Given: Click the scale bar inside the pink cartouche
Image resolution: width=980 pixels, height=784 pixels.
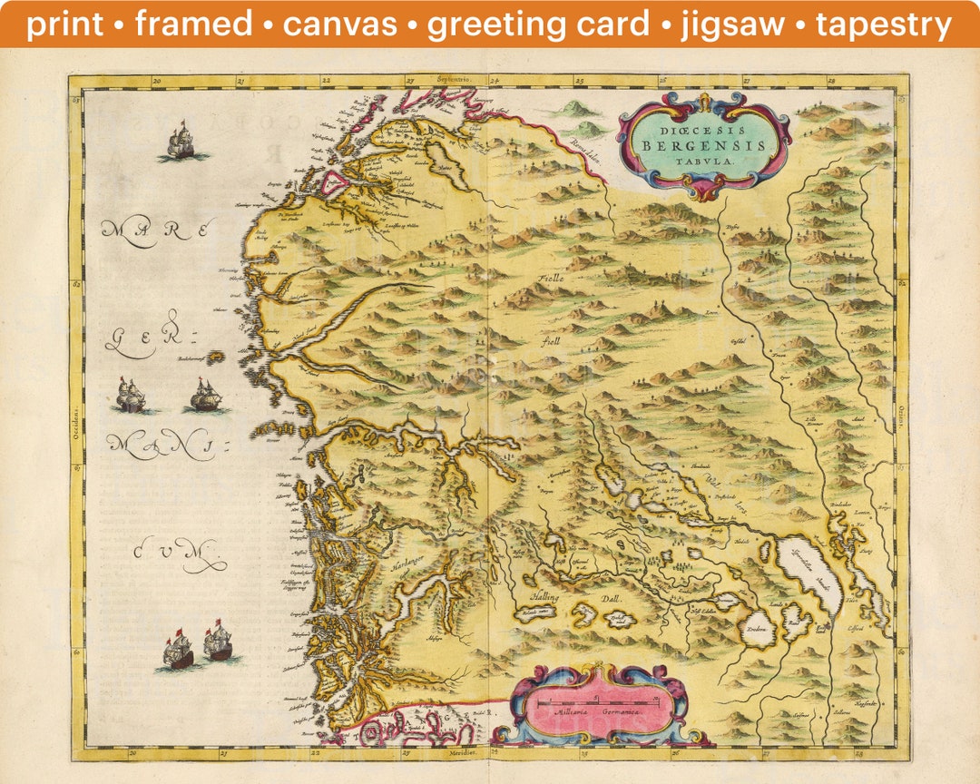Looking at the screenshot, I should [598, 702].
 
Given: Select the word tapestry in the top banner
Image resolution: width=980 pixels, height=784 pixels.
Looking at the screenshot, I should [884, 24].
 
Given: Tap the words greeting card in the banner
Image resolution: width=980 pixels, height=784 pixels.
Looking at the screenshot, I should [538, 24].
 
